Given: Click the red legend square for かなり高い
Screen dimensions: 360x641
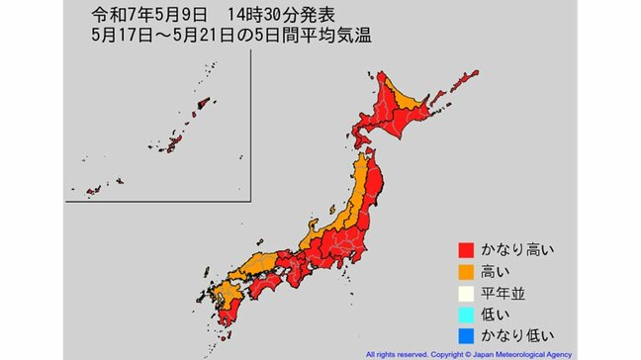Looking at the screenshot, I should (x=463, y=250).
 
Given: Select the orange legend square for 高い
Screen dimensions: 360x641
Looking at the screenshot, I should (x=463, y=271).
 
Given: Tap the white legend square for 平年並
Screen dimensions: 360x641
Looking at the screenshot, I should (x=463, y=292).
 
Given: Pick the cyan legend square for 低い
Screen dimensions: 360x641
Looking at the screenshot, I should (x=463, y=313).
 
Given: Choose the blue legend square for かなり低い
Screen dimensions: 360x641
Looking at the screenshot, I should (x=463, y=333).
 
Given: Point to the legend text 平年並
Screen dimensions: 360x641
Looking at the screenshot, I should (x=503, y=292).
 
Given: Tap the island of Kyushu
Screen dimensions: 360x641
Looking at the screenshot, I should (x=229, y=307).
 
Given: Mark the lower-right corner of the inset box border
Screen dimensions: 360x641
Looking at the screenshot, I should (x=249, y=201).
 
